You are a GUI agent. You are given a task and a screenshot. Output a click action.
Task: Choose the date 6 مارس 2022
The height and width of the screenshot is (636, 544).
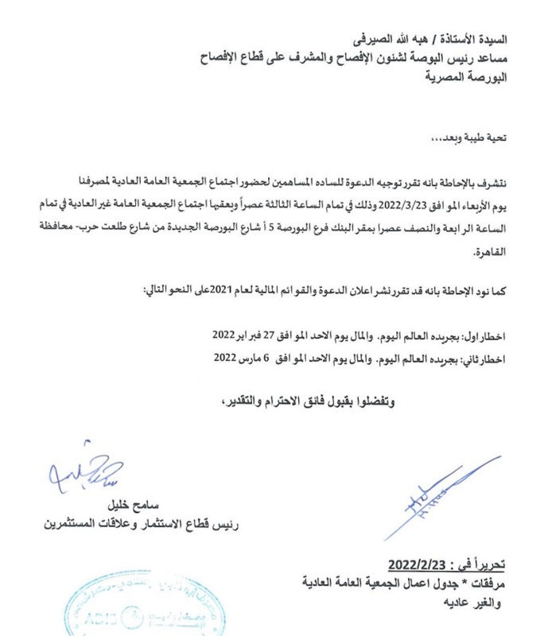(x=246, y=358)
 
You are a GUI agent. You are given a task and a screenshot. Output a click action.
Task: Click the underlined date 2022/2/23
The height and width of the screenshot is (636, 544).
(x=420, y=565)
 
